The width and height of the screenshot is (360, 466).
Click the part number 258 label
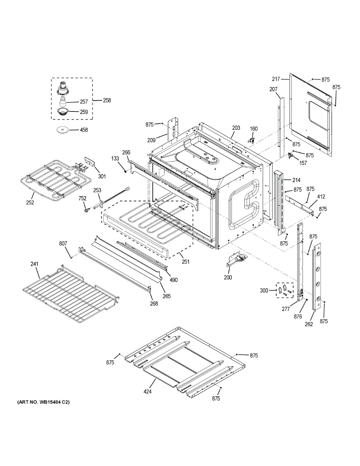(x=107, y=100)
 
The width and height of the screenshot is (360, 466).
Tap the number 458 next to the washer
(x=83, y=130)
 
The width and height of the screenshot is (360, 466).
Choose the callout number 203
(x=236, y=128)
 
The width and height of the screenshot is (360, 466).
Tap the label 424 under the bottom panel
(x=147, y=391)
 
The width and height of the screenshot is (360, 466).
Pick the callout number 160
(x=253, y=129)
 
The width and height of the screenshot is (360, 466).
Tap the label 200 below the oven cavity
(x=228, y=278)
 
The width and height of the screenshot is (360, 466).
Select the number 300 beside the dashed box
(x=264, y=290)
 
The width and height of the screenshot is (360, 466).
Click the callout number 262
(x=308, y=324)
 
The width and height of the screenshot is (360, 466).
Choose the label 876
(x=298, y=316)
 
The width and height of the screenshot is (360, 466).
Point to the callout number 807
(x=63, y=243)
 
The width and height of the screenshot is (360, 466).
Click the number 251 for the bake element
(x=186, y=262)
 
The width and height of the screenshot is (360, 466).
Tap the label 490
(x=173, y=280)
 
